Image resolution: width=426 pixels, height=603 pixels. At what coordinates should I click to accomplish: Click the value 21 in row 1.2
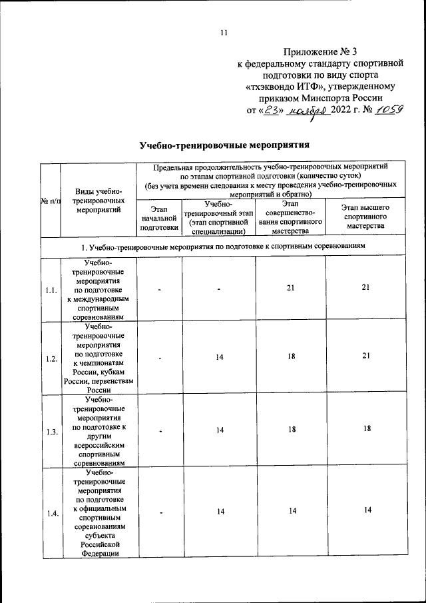pos(365,357)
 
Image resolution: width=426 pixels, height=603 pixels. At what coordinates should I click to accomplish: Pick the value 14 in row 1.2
pos(220,358)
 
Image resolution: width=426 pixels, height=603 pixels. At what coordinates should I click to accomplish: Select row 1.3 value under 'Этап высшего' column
pos(365,430)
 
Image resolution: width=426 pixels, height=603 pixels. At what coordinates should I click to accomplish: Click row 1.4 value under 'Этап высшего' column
pos(365,510)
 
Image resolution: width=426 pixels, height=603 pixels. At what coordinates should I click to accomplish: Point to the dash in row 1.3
pos(160,431)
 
